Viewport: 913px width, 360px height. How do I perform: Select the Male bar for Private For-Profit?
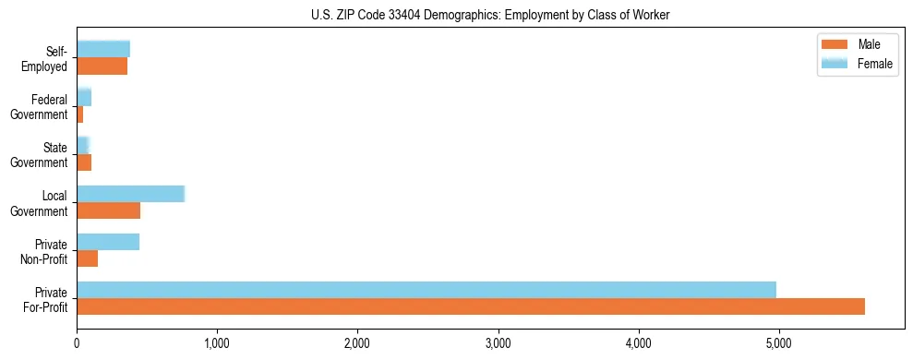(x=471, y=306)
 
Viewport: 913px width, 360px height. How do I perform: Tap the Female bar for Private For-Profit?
(x=426, y=290)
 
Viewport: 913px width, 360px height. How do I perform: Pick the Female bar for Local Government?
(x=131, y=194)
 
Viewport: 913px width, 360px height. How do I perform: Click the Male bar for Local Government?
(x=109, y=210)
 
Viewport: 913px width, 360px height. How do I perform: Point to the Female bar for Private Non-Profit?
(x=108, y=242)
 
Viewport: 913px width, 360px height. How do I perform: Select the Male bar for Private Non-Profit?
(x=88, y=258)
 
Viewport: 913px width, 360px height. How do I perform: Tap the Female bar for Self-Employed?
(x=103, y=49)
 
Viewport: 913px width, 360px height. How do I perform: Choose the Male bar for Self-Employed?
(x=102, y=66)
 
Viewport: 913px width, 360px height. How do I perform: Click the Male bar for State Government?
(x=84, y=162)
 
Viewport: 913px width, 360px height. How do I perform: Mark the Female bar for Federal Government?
(x=84, y=97)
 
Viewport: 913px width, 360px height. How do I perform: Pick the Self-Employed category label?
(x=46, y=59)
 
